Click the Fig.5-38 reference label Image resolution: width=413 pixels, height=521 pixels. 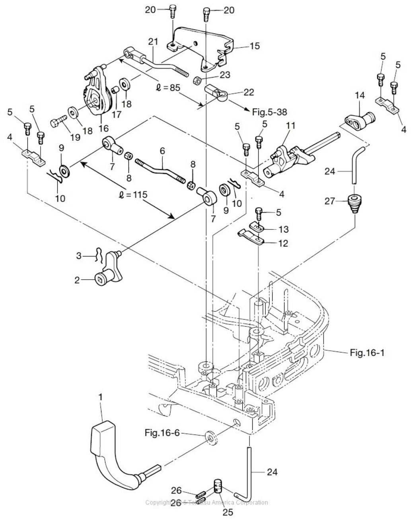(269, 113)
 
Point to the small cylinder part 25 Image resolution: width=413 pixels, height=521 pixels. (218, 488)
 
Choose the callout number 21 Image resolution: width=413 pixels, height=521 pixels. (153, 41)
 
